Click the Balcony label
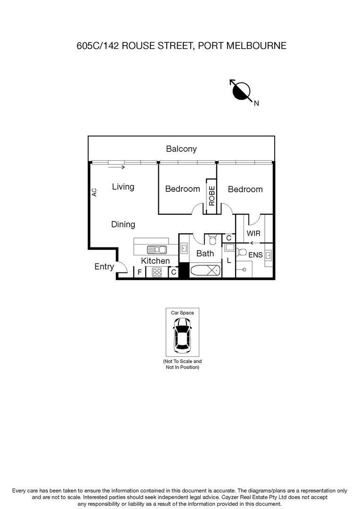(181, 149)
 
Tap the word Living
(123, 187)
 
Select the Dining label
(123, 224)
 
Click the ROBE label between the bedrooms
(212, 196)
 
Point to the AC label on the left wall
(94, 192)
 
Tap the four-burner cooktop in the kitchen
(157, 272)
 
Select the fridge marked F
(139, 272)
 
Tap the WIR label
(254, 233)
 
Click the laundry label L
(229, 260)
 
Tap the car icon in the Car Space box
(182, 335)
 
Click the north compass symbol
(241, 91)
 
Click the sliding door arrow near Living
(116, 167)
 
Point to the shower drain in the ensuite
(244, 269)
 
